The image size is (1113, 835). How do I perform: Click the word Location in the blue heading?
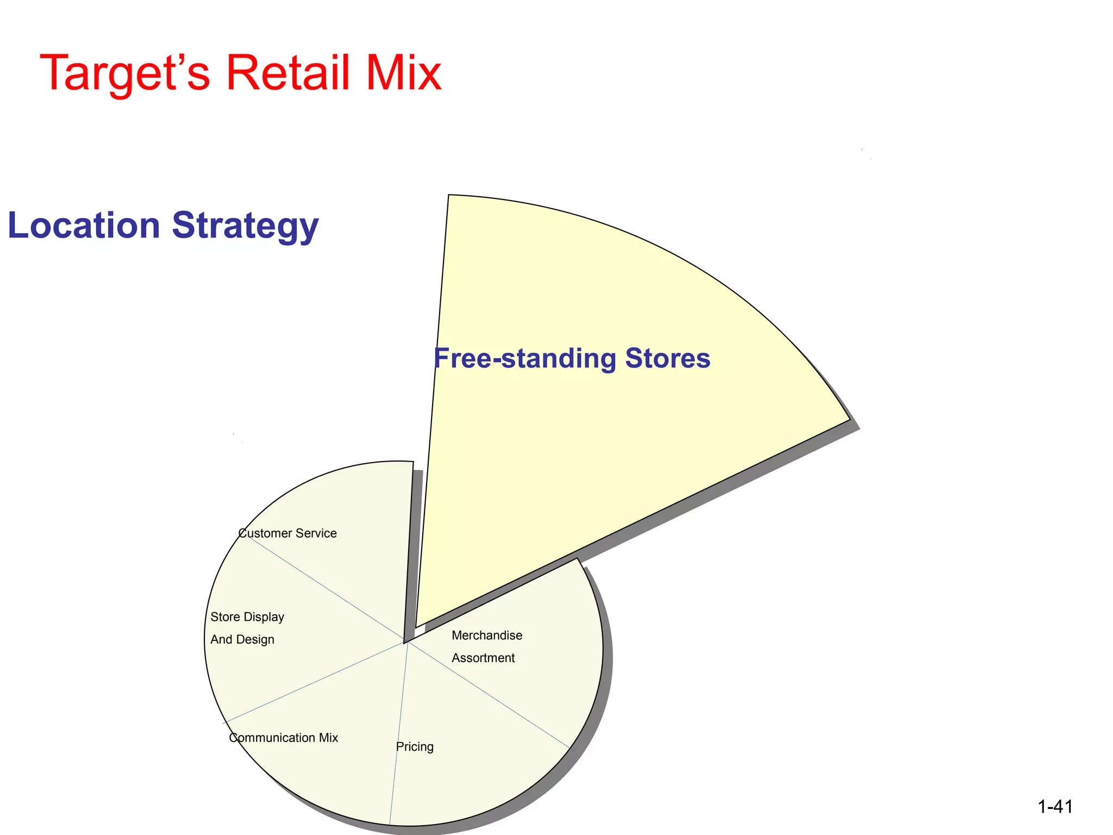[84, 225]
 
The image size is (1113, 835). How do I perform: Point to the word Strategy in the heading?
[245, 226]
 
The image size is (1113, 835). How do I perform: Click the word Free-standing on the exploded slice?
[524, 358]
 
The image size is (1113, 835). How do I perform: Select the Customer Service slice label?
[287, 533]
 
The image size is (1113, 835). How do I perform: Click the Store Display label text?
[247, 617]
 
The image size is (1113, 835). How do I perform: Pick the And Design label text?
[242, 639]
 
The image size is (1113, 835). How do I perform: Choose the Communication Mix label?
[283, 738]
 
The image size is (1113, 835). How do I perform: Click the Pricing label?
[415, 747]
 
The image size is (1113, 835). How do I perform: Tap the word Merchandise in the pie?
[487, 635]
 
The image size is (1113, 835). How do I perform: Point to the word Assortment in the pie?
[483, 658]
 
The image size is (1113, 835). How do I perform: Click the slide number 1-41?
[1055, 807]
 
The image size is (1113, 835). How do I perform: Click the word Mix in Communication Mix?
[328, 738]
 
